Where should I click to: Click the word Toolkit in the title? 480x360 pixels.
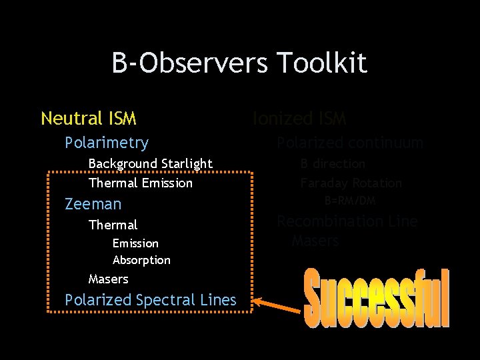point(321,63)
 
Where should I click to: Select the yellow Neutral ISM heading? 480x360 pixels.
point(89,119)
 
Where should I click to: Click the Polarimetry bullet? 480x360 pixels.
point(106,143)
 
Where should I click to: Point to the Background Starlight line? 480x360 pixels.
point(150,163)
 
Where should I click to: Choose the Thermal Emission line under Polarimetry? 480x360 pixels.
point(140,183)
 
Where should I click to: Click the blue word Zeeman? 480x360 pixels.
point(93,204)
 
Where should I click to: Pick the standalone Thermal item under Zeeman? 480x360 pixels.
point(113,225)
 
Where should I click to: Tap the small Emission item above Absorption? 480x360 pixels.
point(135,243)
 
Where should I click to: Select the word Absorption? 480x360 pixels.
point(141,260)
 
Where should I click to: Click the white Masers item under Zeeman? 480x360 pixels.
point(108,279)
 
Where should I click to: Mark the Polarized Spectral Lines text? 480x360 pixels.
point(150,300)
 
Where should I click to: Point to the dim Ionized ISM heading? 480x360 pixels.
point(299,119)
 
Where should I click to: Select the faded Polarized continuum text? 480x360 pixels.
point(349,143)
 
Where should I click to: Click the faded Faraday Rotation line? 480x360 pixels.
point(351,183)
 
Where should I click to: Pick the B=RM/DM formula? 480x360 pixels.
point(350,201)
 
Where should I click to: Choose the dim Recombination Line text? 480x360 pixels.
point(347,221)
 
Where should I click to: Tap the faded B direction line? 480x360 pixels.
point(332,163)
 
